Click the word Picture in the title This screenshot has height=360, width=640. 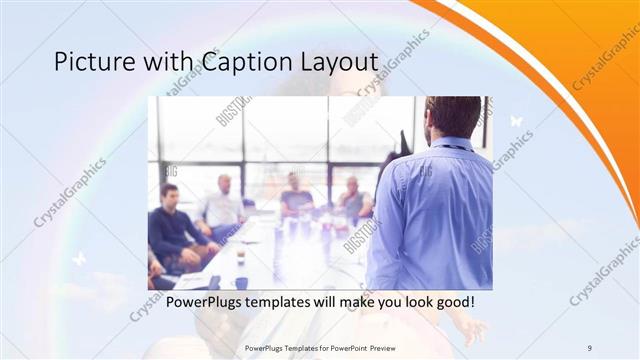pyautogui.click(x=89, y=63)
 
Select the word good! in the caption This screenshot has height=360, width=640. pyautogui.click(x=449, y=301)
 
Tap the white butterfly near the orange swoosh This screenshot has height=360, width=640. pyautogui.click(x=516, y=121)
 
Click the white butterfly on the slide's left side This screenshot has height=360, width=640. pyautogui.click(x=78, y=259)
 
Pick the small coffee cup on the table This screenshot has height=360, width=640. pyautogui.click(x=240, y=257)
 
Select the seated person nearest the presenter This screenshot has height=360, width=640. pyautogui.click(x=353, y=199)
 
